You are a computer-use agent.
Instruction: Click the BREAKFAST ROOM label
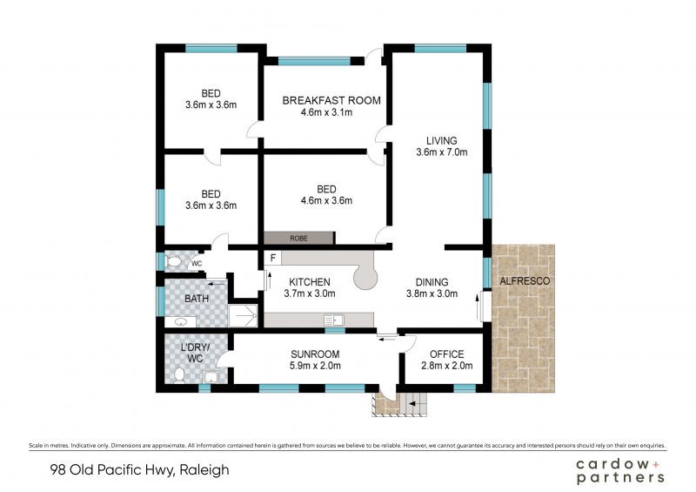[x=331, y=100]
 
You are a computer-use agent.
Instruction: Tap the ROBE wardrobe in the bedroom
[x=299, y=238]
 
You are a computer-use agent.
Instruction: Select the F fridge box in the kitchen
[x=273, y=258]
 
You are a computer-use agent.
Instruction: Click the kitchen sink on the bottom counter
[x=334, y=320]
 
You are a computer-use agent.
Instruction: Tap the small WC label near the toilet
[x=197, y=264]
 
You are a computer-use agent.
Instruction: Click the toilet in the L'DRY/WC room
[x=179, y=375]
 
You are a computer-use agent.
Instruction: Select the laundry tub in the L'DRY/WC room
[x=211, y=376]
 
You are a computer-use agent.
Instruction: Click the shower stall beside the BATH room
[x=243, y=315]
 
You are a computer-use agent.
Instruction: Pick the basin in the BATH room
[x=181, y=322]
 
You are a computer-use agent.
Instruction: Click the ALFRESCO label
[x=525, y=281]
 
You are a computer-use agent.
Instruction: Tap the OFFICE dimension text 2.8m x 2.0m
[x=447, y=366]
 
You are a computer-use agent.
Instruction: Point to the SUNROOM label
[x=315, y=354]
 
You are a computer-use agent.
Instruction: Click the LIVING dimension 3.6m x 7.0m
[x=442, y=152]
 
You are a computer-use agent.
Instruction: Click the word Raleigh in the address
[x=204, y=470]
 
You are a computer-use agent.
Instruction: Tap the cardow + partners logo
[x=620, y=471]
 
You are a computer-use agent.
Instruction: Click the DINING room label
[x=432, y=282]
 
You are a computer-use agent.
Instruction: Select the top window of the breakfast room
[x=314, y=61]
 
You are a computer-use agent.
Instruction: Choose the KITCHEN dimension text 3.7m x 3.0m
[x=310, y=293]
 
